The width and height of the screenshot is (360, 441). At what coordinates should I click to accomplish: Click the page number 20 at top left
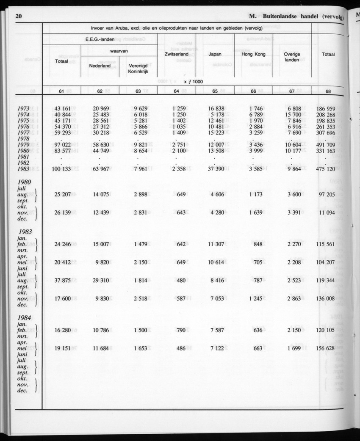tap(18, 17)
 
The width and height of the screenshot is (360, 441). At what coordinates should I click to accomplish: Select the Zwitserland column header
tap(176, 54)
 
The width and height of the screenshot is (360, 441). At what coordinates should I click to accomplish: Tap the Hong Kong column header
tap(253, 54)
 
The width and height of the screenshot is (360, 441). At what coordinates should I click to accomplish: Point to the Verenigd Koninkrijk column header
tap(138, 69)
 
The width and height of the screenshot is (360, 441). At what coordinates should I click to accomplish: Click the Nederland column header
tap(100, 66)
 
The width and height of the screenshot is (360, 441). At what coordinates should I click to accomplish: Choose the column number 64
tap(176, 91)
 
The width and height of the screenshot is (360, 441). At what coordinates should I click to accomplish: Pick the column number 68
tap(328, 91)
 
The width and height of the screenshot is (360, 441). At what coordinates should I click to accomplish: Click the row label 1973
tap(21, 108)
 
